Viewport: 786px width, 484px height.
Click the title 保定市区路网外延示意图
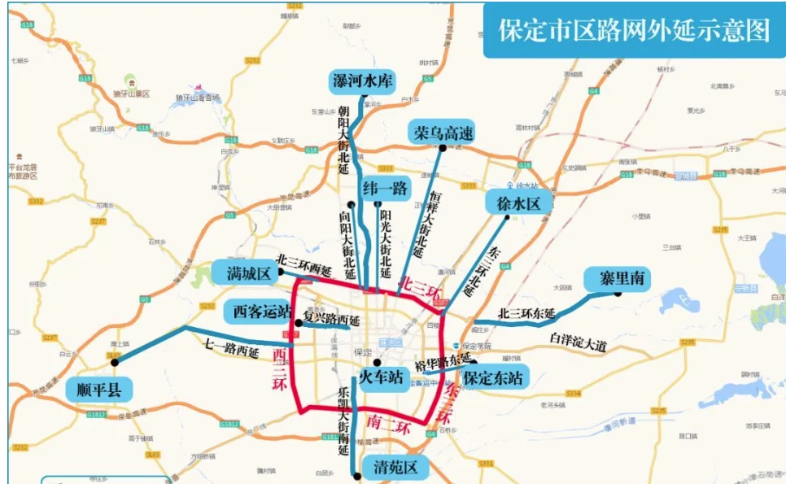pyautogui.click(x=635, y=29)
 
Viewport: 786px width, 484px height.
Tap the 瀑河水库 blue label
pyautogui.click(x=362, y=81)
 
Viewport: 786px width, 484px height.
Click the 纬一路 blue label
pyautogui.click(x=386, y=189)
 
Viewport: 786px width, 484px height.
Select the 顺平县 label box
pyautogui.click(x=98, y=389)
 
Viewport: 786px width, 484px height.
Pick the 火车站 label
pyautogui.click(x=383, y=377)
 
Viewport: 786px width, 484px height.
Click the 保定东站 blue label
pyautogui.click(x=494, y=377)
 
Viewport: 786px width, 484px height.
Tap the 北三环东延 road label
pyautogui.click(x=526, y=314)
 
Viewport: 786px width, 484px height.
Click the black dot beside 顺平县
pyautogui.click(x=115, y=363)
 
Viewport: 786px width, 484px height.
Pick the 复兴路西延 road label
pyautogui.click(x=331, y=319)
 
